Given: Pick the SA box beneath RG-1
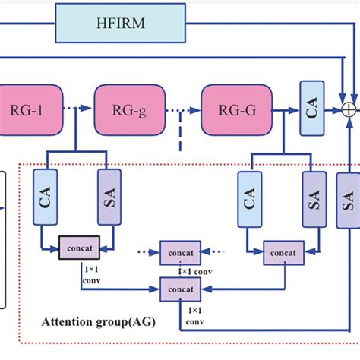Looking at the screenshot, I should (x=109, y=197).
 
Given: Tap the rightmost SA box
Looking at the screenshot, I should (x=349, y=200).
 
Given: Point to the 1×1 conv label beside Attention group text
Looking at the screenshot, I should (x=196, y=315).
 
